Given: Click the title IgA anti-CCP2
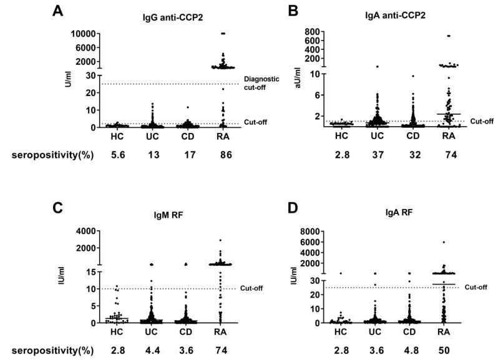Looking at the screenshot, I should tap(379, 15).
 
